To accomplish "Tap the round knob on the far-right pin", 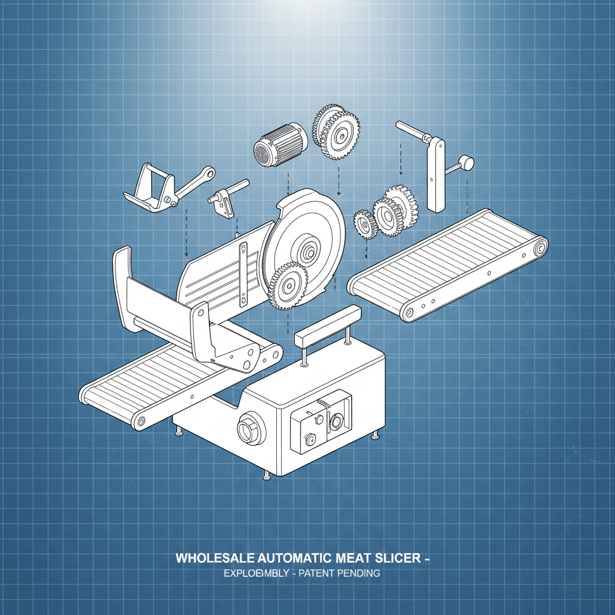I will point(467,162).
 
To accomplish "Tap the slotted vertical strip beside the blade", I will point(243,274).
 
